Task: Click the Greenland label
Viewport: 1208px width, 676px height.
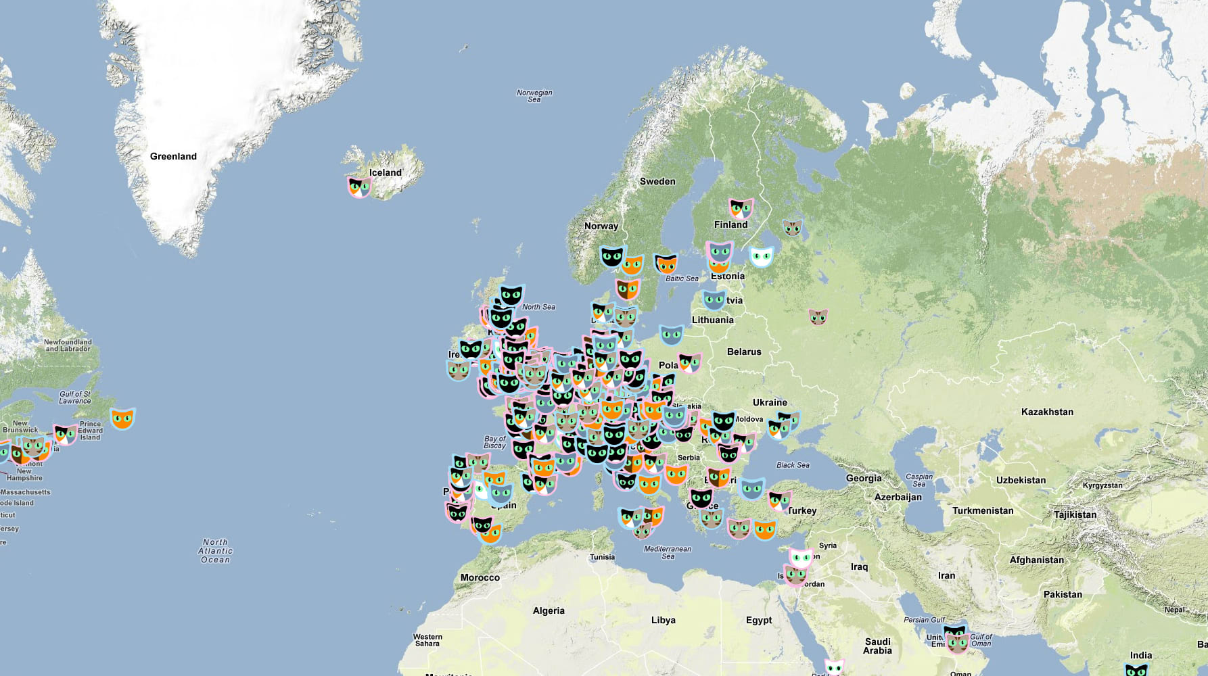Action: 173,156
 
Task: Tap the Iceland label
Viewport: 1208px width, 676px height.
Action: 386,172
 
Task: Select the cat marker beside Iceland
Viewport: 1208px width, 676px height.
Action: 359,186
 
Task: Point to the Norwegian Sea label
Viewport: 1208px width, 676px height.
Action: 534,96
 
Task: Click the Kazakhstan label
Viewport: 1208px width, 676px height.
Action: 1047,412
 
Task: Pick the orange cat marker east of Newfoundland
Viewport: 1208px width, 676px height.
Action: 122,418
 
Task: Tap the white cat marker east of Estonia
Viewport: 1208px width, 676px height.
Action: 762,256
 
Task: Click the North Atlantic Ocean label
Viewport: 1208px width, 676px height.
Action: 216,551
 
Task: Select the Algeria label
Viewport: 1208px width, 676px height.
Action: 549,610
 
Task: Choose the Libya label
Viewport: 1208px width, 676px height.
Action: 663,620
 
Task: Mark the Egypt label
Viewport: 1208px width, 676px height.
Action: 759,620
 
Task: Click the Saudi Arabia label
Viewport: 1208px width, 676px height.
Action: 877,646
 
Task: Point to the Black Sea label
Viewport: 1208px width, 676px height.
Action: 793,465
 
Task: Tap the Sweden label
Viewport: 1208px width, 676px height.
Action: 657,181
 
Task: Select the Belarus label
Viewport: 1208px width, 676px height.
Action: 744,352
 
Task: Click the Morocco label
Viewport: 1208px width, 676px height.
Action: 480,577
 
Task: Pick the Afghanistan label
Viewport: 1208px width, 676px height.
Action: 1036,560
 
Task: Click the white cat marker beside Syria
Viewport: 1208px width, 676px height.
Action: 801,558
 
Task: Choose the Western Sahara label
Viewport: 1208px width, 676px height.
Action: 427,640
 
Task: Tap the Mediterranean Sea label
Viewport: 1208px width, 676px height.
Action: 668,552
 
